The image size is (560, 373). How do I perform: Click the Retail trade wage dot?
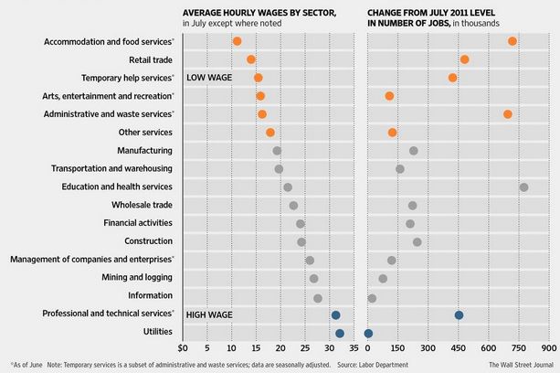(251, 59)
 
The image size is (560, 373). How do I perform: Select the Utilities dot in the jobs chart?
(368, 334)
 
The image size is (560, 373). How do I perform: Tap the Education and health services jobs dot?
(523, 187)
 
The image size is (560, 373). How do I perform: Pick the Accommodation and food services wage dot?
(237, 41)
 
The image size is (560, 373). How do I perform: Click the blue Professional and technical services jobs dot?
(459, 315)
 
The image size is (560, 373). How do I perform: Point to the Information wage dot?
(318, 298)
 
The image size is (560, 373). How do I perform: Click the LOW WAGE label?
(209, 78)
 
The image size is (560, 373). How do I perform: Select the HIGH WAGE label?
(209, 314)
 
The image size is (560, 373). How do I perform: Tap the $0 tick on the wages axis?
(182, 348)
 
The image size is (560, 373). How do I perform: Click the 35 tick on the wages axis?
(354, 348)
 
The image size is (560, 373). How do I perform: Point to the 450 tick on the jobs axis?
(459, 348)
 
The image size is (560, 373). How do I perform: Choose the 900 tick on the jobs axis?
(549, 348)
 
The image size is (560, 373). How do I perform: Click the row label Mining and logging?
(137, 277)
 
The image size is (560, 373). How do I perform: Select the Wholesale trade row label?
(142, 205)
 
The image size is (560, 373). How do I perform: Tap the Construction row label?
(148, 241)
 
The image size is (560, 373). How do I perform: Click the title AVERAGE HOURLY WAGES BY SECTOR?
(259, 13)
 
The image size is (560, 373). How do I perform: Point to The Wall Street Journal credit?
(521, 365)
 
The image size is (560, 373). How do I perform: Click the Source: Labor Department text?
(373, 365)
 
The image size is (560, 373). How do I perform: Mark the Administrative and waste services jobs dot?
(508, 114)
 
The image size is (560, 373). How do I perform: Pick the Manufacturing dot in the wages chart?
(277, 151)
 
